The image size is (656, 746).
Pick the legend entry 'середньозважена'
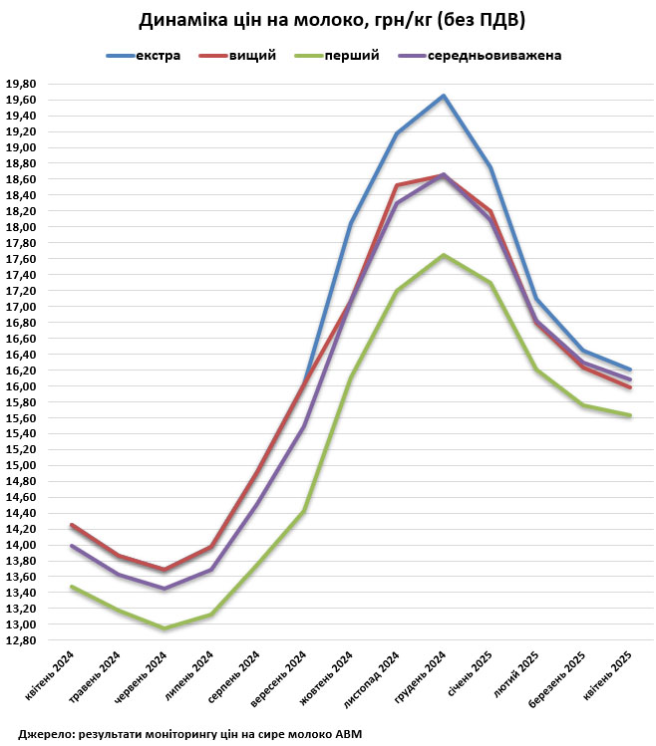pos(494,55)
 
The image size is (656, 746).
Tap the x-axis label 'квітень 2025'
pos(610,678)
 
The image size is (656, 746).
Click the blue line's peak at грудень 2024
pos(444,96)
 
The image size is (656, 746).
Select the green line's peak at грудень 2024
pos(444,255)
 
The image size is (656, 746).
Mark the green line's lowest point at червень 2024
pos(164,628)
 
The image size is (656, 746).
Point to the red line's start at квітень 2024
pos(71,524)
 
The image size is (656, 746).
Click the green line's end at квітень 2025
pos(630,415)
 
